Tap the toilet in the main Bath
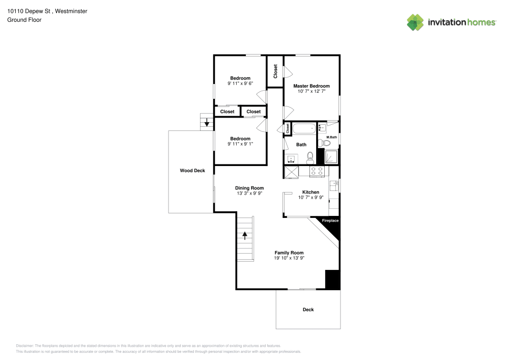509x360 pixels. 310,159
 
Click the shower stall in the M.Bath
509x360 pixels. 331,157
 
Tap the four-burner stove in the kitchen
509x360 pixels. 317,172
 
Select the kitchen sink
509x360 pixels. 333,184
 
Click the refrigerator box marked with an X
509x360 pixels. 292,172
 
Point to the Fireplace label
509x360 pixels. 330,220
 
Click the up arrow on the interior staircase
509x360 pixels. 245,235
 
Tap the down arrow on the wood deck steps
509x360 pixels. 207,123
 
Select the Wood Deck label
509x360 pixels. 192,171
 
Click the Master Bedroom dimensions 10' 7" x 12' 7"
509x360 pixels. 312,92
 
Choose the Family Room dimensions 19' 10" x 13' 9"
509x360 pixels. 289,258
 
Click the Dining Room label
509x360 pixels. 249,188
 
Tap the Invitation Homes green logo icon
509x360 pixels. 415,22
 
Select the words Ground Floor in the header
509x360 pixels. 24,20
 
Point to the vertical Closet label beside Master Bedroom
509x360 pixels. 275,71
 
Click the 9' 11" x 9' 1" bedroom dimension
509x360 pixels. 240,144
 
